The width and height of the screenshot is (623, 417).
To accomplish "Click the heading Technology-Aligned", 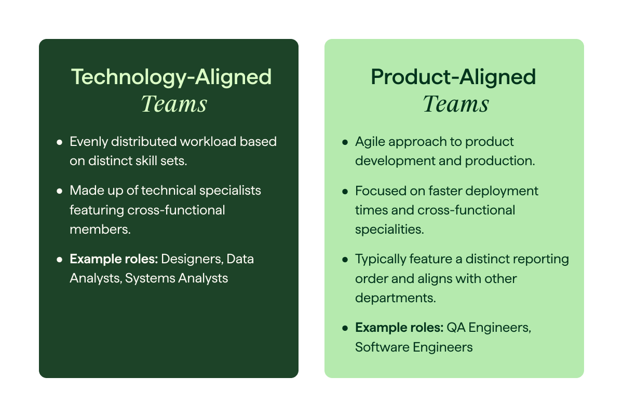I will pyautogui.click(x=171, y=77).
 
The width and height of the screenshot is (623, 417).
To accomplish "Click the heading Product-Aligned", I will pyautogui.click(x=453, y=77).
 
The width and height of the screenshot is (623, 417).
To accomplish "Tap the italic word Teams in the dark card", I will pyautogui.click(x=173, y=104).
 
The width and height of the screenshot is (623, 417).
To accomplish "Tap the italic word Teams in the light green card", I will pyautogui.click(x=455, y=104).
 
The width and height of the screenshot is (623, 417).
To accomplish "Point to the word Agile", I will pyautogui.click(x=370, y=142).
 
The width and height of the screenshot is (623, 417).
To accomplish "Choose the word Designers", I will pyautogui.click(x=192, y=259).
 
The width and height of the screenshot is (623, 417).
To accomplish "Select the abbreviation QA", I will pyautogui.click(x=455, y=328).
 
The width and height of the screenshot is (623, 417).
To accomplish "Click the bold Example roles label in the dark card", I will pyautogui.click(x=114, y=259).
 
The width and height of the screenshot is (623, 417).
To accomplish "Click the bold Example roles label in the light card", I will pyautogui.click(x=399, y=328).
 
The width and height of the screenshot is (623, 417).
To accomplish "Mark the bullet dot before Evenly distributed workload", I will pyautogui.click(x=59, y=142).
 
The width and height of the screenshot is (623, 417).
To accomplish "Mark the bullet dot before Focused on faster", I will pyautogui.click(x=345, y=191).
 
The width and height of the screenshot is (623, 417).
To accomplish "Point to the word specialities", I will pyautogui.click(x=389, y=230).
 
